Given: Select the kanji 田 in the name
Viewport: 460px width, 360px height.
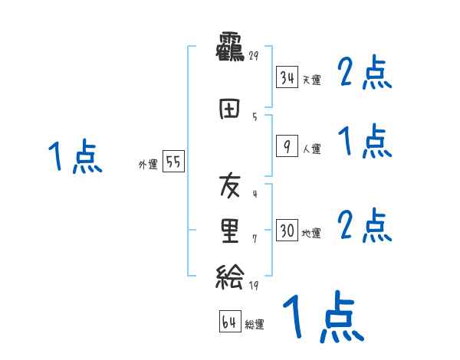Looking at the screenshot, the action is (x=230, y=110).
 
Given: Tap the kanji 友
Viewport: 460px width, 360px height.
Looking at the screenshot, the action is (x=230, y=186).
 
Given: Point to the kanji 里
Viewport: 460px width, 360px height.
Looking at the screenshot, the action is (x=230, y=232).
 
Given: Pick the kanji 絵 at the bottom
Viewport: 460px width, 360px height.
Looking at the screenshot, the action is (x=230, y=277).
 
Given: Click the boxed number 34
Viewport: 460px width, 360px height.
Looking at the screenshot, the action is (x=287, y=77).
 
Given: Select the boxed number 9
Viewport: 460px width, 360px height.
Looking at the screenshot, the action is (x=287, y=146).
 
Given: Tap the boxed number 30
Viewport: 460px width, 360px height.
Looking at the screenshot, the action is (x=287, y=231).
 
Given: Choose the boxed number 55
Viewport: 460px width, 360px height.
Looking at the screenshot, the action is (x=172, y=162).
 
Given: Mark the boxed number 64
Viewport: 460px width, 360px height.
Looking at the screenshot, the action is (x=229, y=322).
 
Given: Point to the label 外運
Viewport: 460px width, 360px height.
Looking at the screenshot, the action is (x=148, y=165).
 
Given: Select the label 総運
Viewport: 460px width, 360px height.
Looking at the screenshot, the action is (x=255, y=325).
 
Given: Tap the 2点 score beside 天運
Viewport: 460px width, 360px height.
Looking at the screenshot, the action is (x=366, y=74).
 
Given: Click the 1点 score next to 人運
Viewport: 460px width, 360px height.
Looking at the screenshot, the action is (x=366, y=142).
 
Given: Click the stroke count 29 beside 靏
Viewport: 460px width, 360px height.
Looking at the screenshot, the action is (x=253, y=56).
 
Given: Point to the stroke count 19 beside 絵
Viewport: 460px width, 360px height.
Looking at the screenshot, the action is (x=254, y=285).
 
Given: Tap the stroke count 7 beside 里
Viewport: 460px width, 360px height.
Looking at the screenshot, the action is (x=254, y=239).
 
